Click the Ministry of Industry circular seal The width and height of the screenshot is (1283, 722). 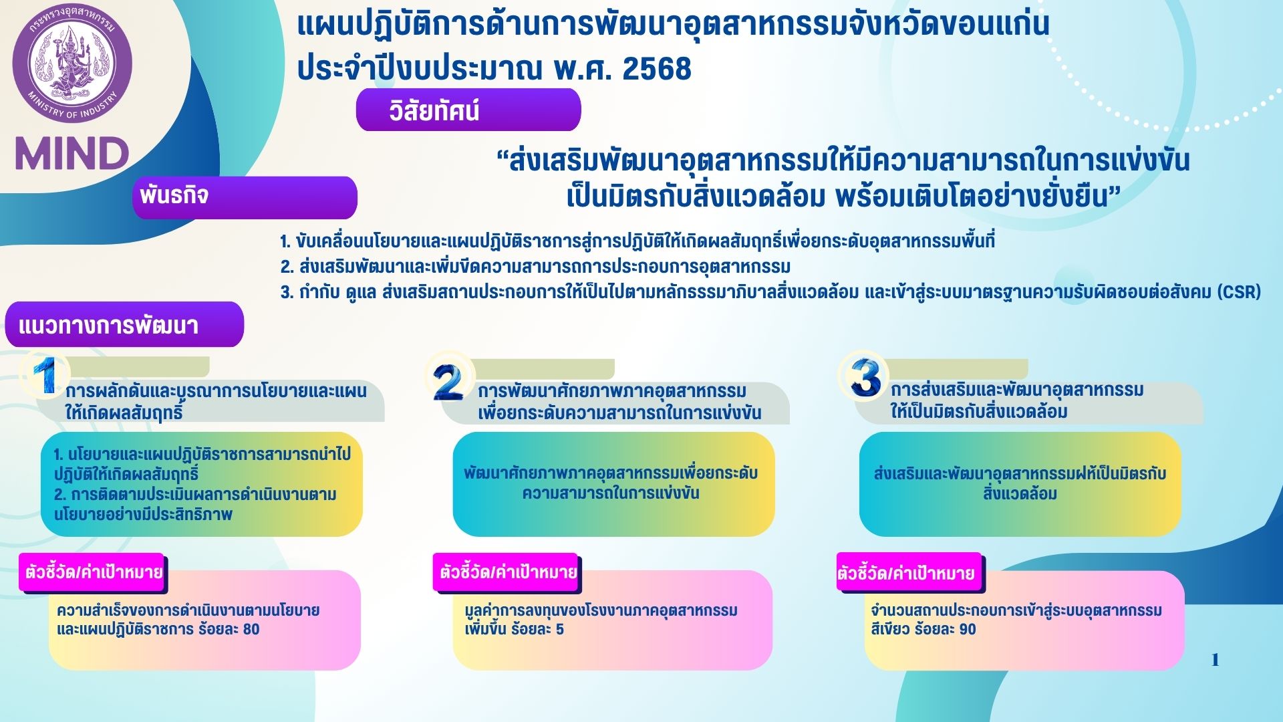tap(72, 64)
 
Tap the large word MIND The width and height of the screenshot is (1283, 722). tap(72, 154)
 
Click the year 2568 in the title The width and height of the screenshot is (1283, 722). tap(657, 69)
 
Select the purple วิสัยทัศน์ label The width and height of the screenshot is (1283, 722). tap(468, 110)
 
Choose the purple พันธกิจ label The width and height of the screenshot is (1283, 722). tap(245, 197)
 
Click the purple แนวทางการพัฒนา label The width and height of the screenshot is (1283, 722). tap(124, 325)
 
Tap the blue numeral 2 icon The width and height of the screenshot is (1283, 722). tap(448, 380)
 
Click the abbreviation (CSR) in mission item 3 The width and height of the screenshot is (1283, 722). tap(1239, 292)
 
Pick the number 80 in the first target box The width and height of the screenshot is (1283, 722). tap(251, 629)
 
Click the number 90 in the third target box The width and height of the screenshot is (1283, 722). tap(967, 629)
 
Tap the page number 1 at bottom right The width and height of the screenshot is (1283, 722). tap(1215, 660)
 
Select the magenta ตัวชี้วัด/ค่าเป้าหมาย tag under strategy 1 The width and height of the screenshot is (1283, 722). tap(93, 572)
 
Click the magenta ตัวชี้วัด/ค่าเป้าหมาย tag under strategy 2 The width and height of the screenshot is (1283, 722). tap(507, 572)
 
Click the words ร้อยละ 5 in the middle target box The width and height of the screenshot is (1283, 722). tap(537, 629)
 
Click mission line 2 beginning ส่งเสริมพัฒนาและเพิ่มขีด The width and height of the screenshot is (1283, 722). tap(535, 267)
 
